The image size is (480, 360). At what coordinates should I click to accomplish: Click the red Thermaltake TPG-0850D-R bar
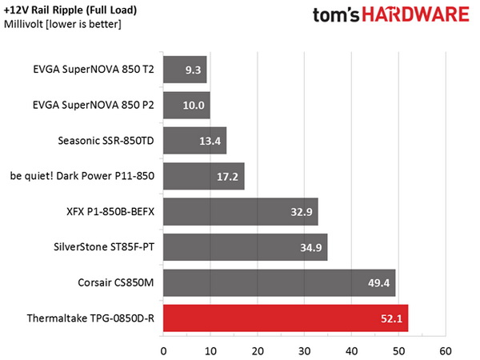tap(286, 318)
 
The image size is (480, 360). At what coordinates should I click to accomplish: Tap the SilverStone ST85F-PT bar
tap(245, 248)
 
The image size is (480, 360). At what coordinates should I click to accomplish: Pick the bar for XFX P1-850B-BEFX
tap(240, 213)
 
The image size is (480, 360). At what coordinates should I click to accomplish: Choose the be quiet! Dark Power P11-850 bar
tap(203, 176)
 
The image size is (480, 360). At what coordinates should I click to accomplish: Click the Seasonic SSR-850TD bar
tap(194, 141)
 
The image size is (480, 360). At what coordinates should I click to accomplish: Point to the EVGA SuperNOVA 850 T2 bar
tap(185, 70)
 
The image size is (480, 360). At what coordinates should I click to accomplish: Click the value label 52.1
tap(394, 318)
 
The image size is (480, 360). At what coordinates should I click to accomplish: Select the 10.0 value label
tap(195, 106)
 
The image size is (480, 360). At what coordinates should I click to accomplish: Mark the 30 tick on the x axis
tap(304, 350)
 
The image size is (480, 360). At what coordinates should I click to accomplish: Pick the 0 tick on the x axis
tap(163, 350)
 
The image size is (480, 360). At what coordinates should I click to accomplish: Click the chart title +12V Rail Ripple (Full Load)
tap(69, 10)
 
